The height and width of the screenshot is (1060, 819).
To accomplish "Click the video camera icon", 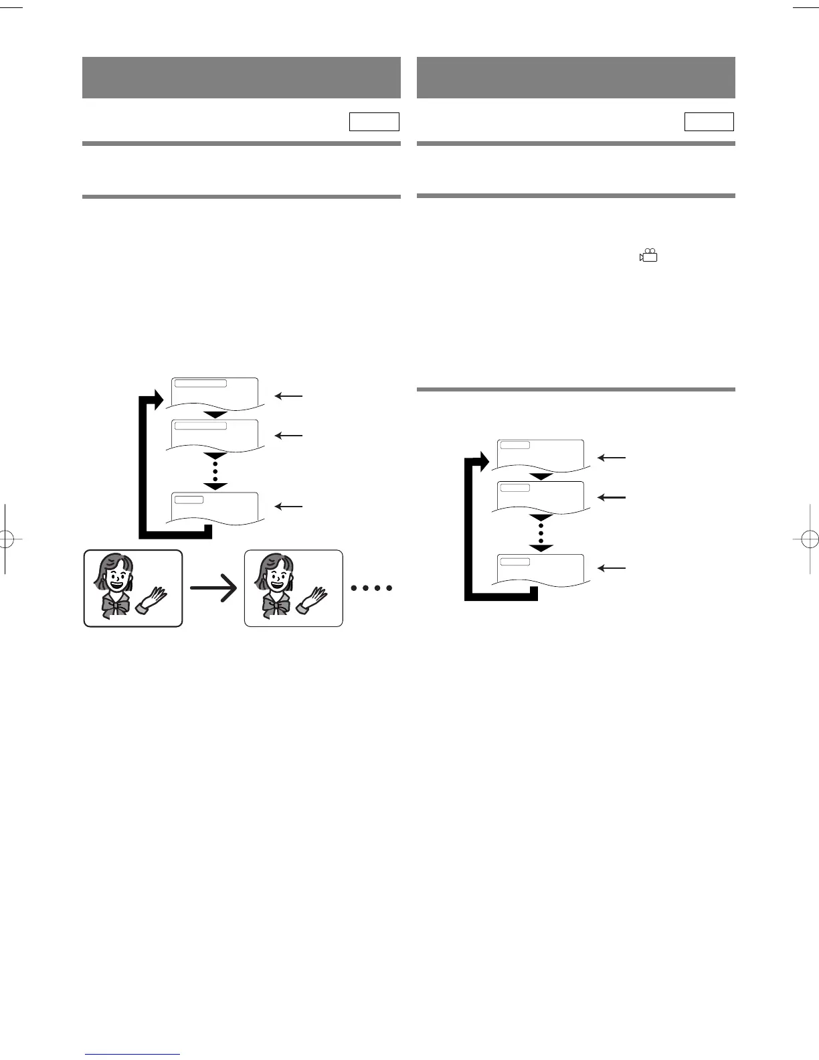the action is point(648,255).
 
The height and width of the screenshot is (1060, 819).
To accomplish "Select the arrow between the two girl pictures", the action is point(214,589).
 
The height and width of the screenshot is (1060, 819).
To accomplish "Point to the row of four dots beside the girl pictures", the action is point(371,588).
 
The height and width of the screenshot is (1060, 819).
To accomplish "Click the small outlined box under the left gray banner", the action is point(374,122).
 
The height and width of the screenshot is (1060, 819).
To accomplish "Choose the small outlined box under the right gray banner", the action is point(709,122).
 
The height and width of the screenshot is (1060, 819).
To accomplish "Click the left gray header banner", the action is point(241,78).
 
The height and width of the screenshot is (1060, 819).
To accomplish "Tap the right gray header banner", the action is point(575,78).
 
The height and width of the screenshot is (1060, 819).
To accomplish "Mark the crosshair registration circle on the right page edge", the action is point(808,538).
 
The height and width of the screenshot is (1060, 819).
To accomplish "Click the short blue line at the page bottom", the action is point(133,1054).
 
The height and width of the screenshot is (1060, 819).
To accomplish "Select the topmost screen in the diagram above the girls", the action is point(215,393).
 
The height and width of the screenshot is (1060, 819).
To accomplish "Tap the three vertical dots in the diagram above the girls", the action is point(215,471).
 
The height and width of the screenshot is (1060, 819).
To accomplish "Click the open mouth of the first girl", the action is point(118,582).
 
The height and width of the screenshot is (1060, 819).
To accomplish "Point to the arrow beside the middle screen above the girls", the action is point(288,436).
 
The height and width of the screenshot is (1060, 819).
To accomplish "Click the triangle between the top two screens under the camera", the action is point(541,476).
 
